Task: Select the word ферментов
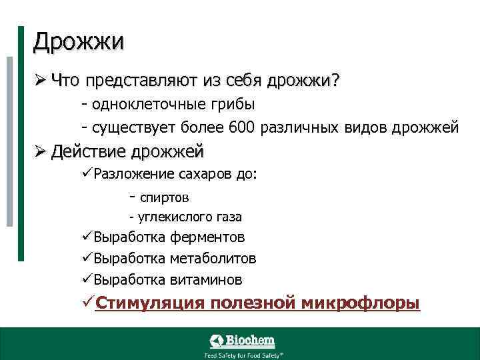point(207,237)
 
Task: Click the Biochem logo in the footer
point(242,341)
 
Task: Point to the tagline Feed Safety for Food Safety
point(243,355)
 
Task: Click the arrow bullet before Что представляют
point(40,81)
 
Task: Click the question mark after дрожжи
point(335,81)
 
